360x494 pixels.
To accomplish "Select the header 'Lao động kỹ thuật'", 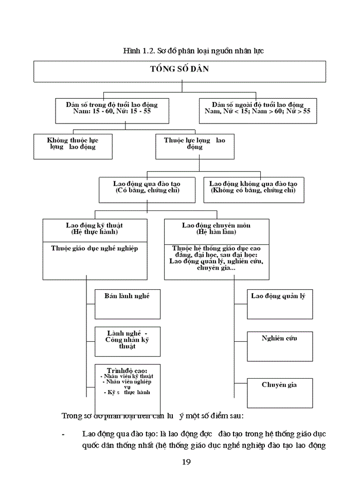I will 94,228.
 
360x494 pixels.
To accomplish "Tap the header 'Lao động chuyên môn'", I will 216,228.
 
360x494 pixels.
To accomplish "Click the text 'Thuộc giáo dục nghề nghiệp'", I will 94,248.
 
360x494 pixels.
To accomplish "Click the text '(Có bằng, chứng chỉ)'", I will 147,190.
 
